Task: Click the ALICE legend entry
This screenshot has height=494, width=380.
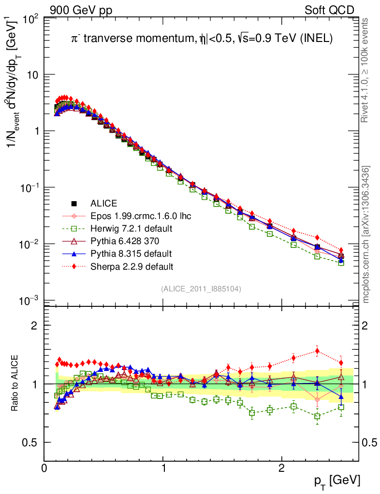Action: (104, 203)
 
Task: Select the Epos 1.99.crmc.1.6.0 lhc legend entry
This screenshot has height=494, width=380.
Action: (141, 216)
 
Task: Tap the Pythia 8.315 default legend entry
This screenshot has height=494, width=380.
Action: (131, 253)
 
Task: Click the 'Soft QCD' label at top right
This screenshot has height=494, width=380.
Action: (329, 10)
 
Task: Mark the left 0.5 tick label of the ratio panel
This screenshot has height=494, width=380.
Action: (32, 442)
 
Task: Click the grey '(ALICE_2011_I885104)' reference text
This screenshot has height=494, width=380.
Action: (201, 288)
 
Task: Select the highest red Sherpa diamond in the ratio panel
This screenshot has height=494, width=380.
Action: (317, 351)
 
